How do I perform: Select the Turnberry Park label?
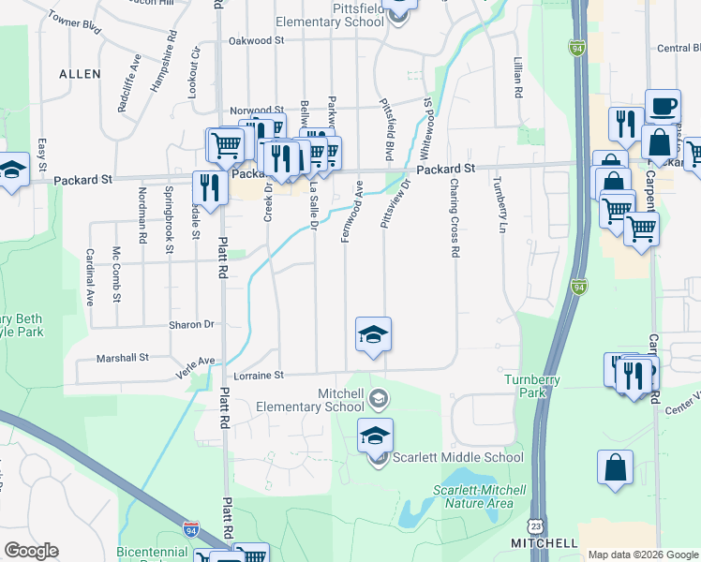(531, 385)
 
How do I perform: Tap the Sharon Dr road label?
(191, 325)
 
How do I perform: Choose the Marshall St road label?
(123, 358)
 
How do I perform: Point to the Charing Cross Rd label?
(455, 218)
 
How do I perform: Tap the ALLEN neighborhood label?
(80, 73)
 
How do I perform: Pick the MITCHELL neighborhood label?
(544, 543)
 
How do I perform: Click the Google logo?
(31, 551)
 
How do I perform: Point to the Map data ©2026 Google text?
(643, 555)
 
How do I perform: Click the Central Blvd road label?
(679, 49)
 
